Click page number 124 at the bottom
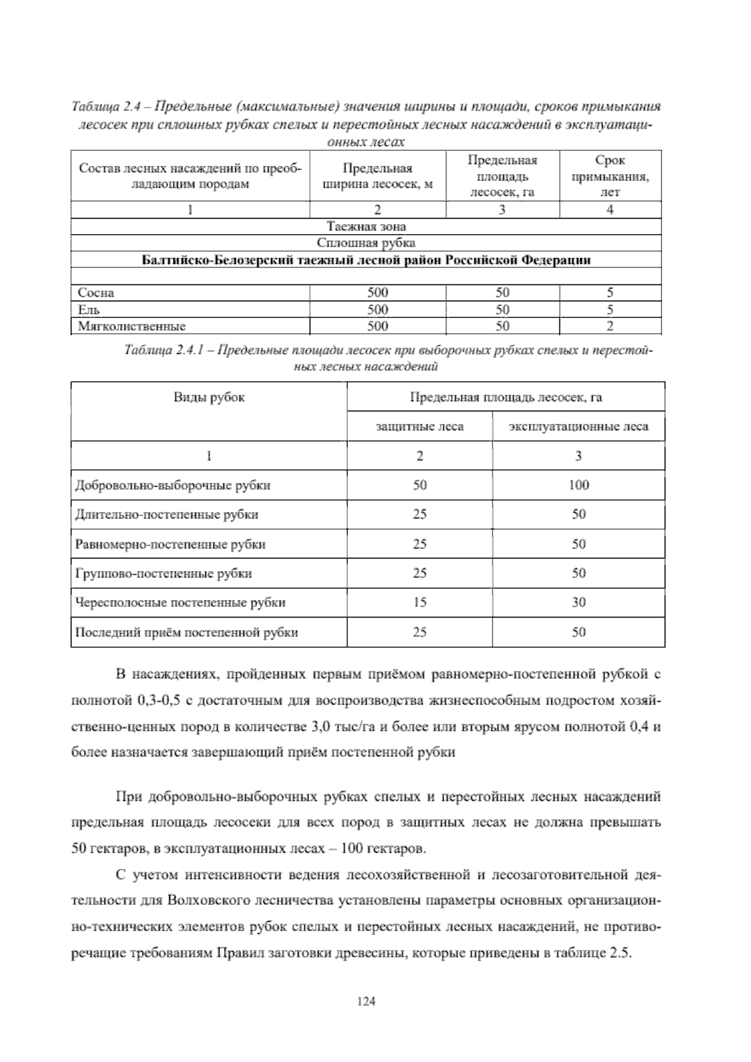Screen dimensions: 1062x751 click(x=365, y=1001)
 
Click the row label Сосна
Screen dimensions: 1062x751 click(x=96, y=292)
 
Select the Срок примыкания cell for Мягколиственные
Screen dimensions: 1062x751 click(x=610, y=326)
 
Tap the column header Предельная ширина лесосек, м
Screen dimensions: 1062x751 click(x=377, y=177)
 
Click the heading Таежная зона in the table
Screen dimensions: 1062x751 click(x=366, y=226)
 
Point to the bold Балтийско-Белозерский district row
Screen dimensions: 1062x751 click(x=366, y=260)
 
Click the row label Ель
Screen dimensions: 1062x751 click(x=89, y=309)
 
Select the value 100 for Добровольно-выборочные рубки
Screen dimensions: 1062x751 click(x=578, y=485)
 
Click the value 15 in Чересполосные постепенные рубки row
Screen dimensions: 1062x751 click(x=419, y=602)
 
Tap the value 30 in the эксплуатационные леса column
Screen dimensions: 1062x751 click(x=578, y=602)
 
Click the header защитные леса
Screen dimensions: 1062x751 click(x=419, y=426)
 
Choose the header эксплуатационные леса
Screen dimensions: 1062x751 click(x=578, y=426)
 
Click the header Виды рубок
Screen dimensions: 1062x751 click(x=209, y=397)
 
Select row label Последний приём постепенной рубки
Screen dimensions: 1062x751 click(x=186, y=632)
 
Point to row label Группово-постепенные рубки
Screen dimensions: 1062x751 click(x=164, y=574)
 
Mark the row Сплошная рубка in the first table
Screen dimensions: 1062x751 click(x=366, y=243)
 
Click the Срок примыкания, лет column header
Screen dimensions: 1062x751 click(x=610, y=177)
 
